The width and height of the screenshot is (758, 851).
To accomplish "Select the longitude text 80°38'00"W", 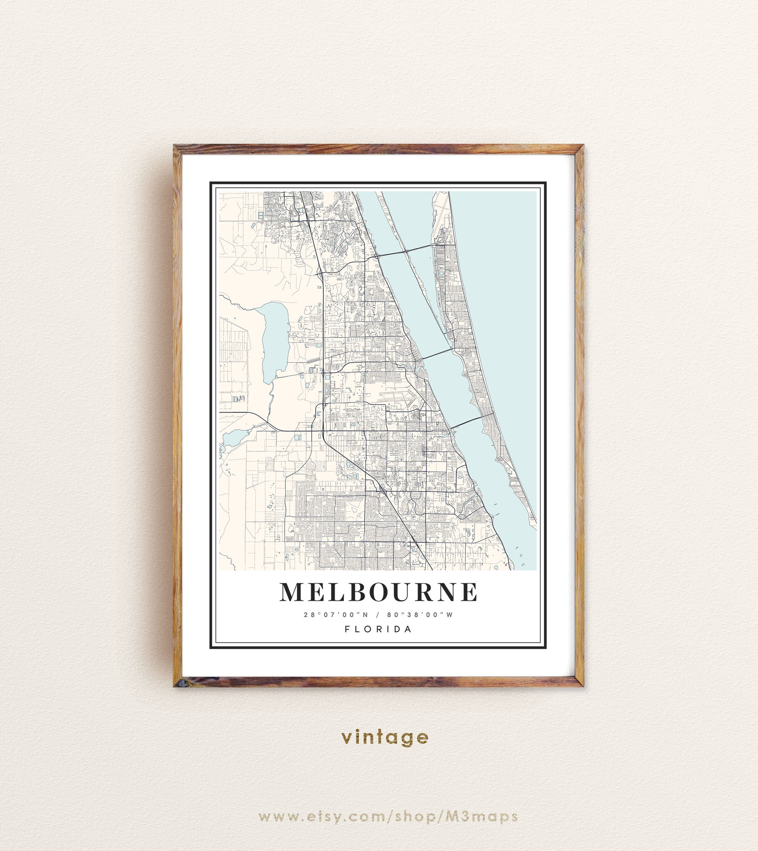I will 420,615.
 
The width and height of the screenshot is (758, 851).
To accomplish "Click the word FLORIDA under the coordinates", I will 378,629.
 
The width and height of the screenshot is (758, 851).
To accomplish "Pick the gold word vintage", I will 384,737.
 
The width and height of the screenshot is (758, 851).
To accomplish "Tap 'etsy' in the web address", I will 325,816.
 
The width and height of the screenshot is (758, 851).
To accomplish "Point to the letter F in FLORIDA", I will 347,629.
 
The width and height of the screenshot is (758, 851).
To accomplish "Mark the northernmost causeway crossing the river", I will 406,250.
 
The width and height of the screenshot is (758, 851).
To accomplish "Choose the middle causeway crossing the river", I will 437,353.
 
